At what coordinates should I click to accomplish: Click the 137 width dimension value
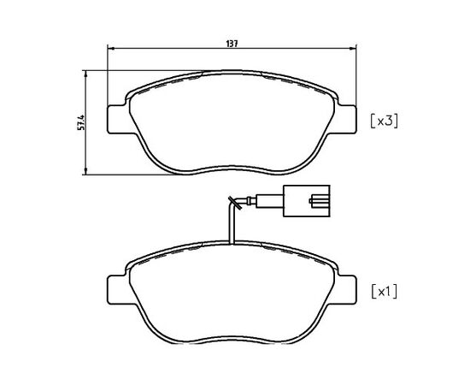[x=232, y=44]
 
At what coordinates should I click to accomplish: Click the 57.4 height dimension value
[x=81, y=122]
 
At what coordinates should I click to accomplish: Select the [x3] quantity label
[x=385, y=121]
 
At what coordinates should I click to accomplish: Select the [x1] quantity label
[x=385, y=292]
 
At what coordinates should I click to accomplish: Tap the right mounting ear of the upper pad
[x=347, y=119]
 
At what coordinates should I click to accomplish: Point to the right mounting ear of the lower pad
[x=347, y=289]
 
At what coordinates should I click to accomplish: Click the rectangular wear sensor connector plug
[x=306, y=201]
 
